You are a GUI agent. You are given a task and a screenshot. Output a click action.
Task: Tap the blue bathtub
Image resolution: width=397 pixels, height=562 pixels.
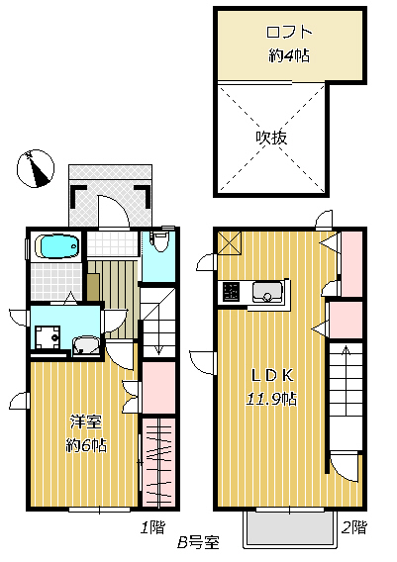pyautogui.click(x=56, y=246)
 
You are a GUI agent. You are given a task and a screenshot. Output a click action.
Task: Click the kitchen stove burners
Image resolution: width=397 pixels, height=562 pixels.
pyautogui.click(x=230, y=292)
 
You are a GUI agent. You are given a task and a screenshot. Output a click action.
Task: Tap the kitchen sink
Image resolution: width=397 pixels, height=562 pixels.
pyautogui.click(x=265, y=292)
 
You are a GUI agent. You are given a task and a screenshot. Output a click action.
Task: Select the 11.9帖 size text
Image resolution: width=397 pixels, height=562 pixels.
pyautogui.click(x=272, y=399)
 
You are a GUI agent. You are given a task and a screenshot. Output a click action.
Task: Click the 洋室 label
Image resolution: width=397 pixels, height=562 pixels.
pyautogui.click(x=79, y=420)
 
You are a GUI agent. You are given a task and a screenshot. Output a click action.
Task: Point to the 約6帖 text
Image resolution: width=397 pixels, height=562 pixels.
pyautogui.click(x=82, y=443)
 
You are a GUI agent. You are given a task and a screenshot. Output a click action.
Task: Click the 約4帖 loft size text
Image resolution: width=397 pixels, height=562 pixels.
pyautogui.click(x=288, y=55)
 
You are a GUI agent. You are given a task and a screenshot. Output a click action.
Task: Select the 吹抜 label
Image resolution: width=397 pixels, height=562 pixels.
pyautogui.click(x=271, y=137)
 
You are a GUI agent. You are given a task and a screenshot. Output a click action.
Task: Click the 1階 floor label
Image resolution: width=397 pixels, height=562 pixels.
pyautogui.click(x=150, y=528)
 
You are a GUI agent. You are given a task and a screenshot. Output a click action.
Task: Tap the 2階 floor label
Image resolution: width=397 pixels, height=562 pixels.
pyautogui.click(x=355, y=527)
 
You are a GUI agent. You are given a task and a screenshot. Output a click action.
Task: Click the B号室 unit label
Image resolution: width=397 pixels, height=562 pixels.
pyautogui.click(x=198, y=543)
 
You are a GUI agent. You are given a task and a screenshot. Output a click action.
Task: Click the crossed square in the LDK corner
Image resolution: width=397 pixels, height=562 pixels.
pyautogui.click(x=228, y=239)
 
